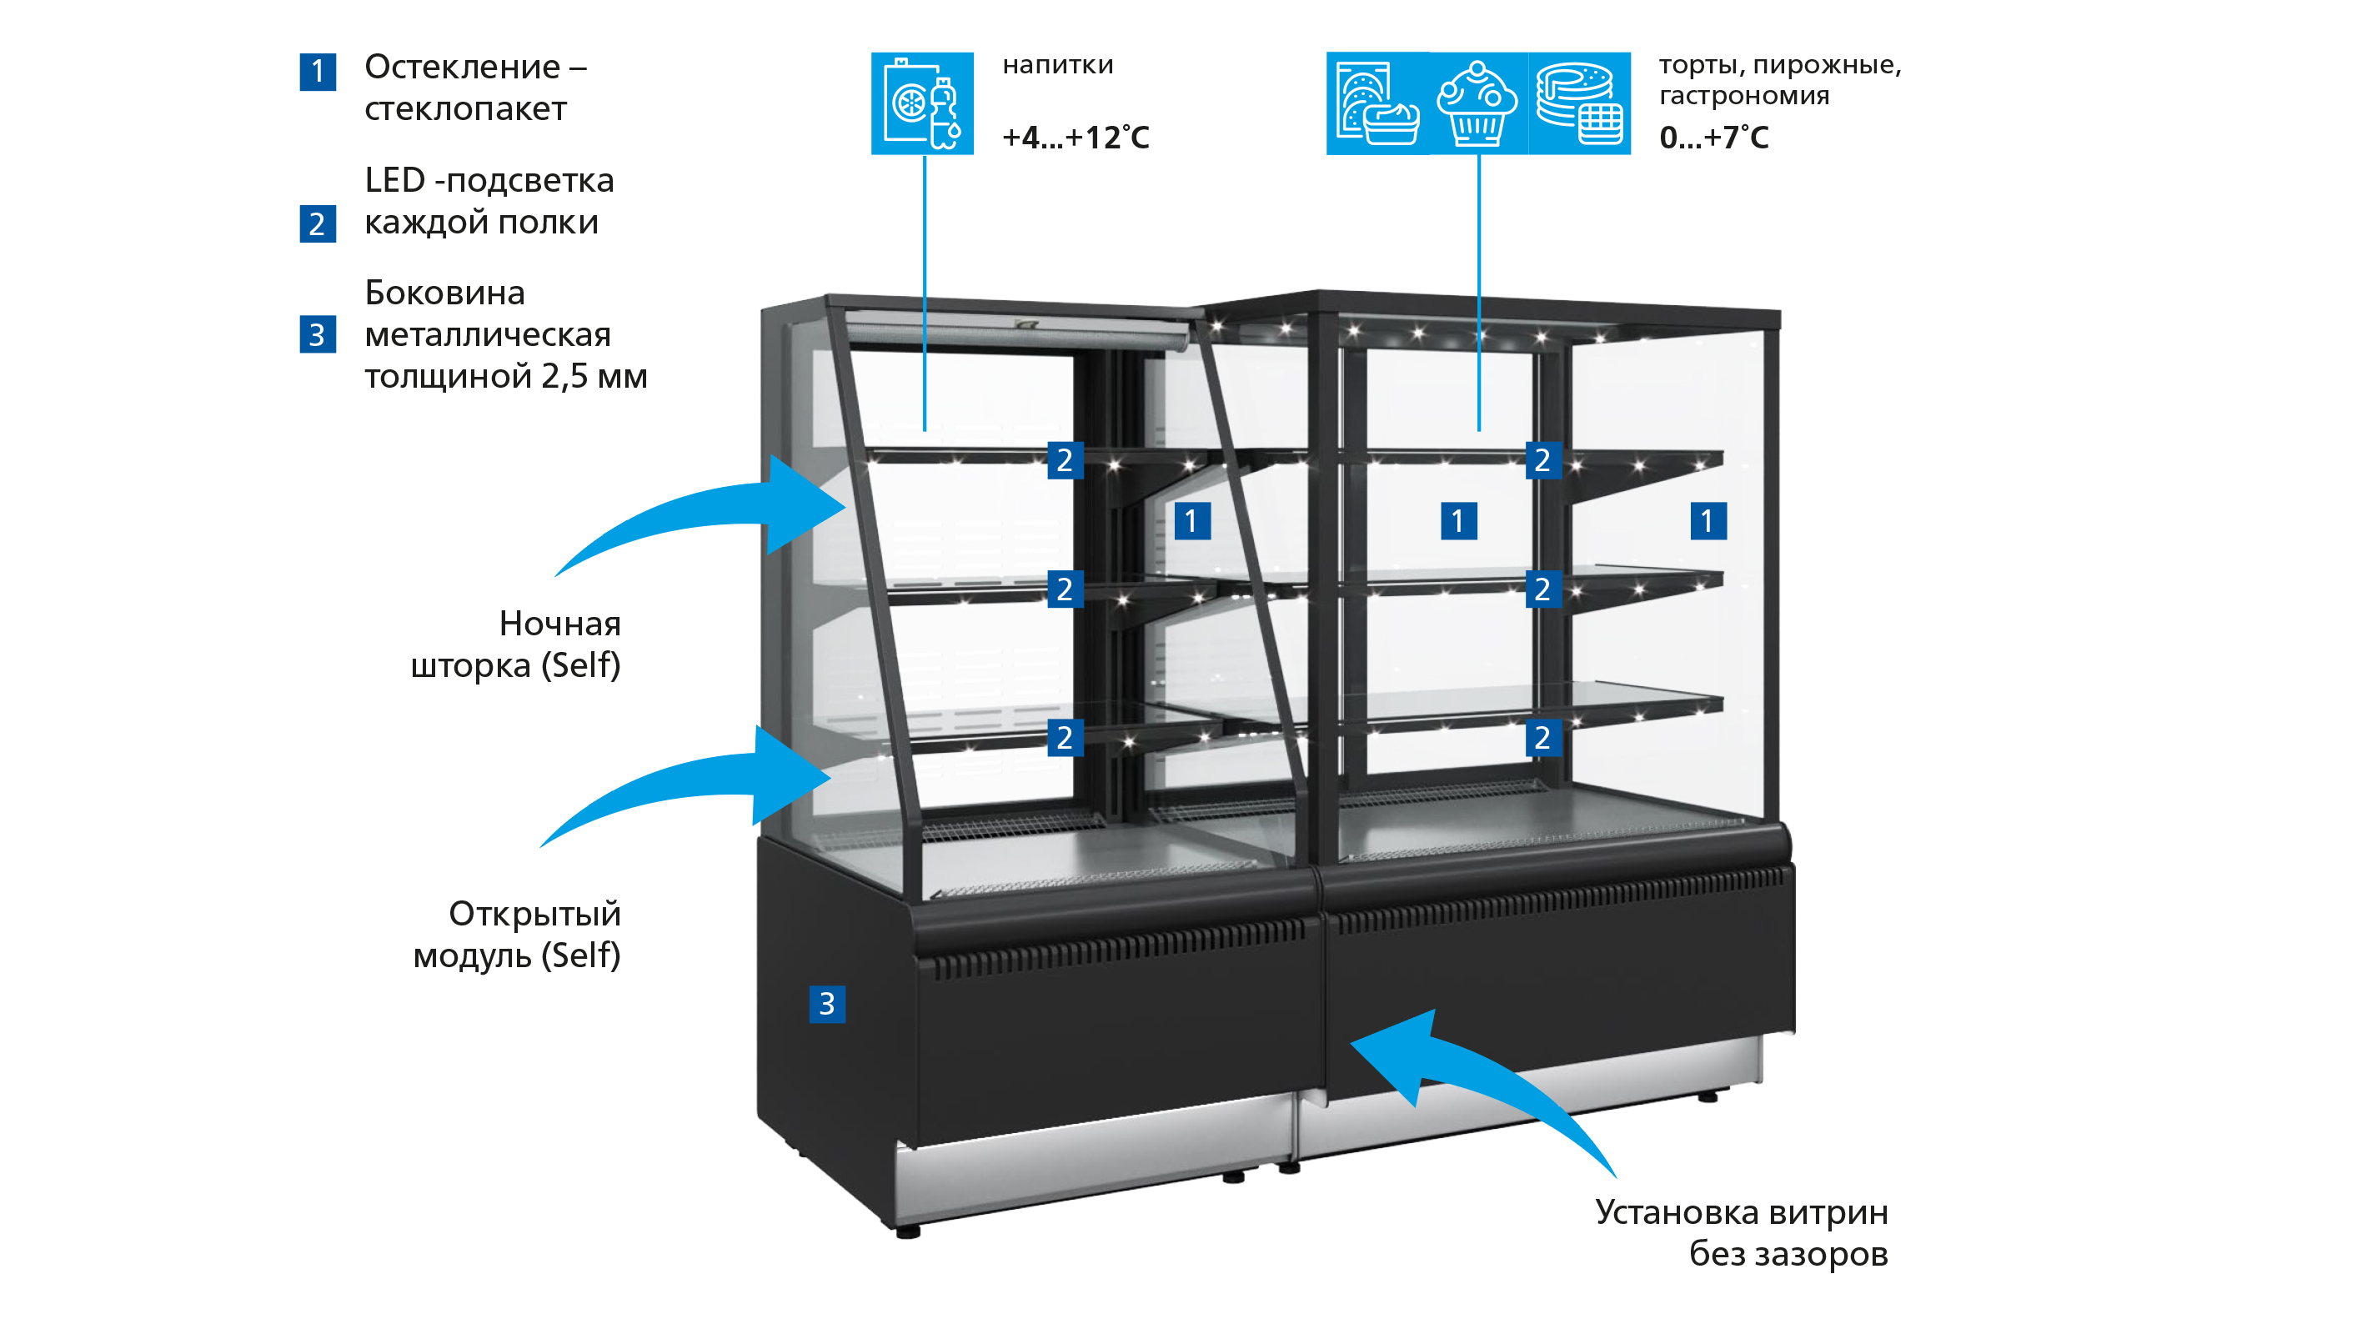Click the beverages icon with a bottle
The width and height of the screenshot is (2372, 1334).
pos(922,103)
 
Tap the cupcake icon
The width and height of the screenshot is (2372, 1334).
pos(1478,103)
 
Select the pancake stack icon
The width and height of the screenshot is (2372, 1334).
pos(1579,103)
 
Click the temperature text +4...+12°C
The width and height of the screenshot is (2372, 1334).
pos(1076,138)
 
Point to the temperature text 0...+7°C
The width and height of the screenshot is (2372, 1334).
pos(1713,138)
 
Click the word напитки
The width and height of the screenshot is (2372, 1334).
pos(1058,64)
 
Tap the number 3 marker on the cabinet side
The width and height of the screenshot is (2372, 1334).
pos(827,1004)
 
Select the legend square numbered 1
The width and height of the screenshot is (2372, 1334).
pos(318,72)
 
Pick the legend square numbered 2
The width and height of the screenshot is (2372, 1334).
pos(318,223)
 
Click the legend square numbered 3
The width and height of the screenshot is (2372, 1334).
pos(318,334)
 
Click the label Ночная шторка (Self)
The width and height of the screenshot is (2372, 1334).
pos(515,644)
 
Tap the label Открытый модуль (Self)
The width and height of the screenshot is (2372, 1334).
pos(517,935)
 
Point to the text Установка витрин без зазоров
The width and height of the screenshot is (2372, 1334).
pos(1743,1233)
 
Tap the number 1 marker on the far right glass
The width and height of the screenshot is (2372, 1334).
pos(1708,521)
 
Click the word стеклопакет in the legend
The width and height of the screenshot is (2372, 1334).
pos(465,108)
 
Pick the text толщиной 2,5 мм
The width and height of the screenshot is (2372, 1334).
pos(505,377)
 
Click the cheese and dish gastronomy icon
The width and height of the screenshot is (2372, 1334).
pos(1377,103)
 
